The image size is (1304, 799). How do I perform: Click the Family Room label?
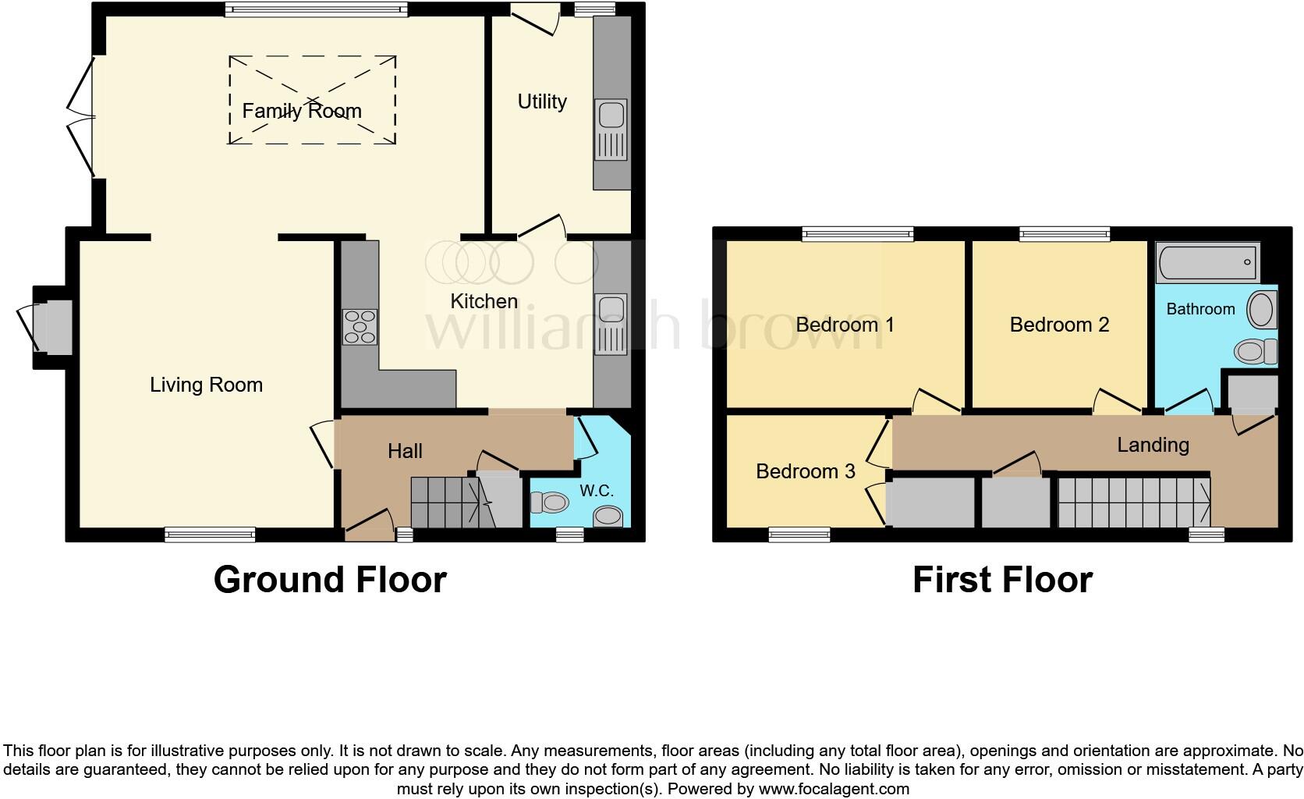tap(302, 111)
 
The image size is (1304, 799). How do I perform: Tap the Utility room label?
tap(542, 101)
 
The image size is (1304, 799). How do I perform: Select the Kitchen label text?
tap(484, 301)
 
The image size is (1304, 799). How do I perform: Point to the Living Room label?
tap(206, 385)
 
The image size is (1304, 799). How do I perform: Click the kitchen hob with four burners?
tap(360, 327)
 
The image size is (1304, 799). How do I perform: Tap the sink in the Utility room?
tap(611, 130)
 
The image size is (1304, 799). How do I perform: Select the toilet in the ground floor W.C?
tap(550, 502)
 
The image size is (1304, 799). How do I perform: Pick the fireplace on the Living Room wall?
tap(53, 327)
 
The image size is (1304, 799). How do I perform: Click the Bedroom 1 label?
tap(845, 325)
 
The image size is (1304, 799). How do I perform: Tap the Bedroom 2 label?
tap(1059, 325)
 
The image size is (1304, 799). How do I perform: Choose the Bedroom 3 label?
tap(806, 471)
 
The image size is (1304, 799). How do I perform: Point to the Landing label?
tap(1153, 445)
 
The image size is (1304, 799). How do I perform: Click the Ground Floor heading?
tap(330, 580)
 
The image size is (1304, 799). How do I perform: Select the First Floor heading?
tap(1002, 580)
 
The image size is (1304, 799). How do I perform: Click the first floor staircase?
tap(1134, 502)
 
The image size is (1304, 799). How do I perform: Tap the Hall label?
tap(406, 451)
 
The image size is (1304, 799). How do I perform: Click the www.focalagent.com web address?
tap(834, 789)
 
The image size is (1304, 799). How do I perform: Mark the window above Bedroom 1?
tap(857, 234)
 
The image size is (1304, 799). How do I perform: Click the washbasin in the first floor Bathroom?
tap(1262, 309)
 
